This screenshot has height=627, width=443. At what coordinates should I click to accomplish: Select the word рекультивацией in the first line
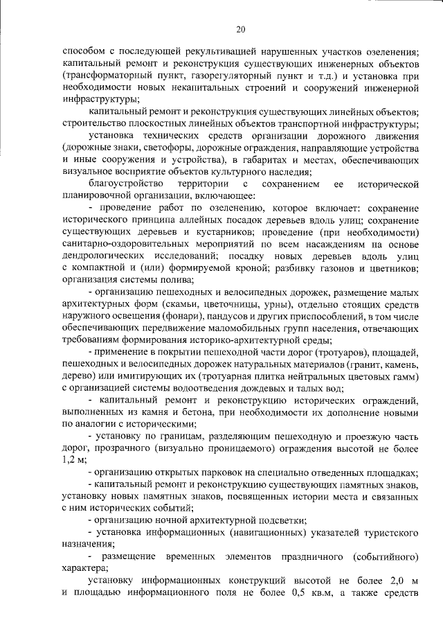(x=202, y=52)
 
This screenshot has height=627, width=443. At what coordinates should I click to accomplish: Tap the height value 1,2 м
(x=73, y=459)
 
